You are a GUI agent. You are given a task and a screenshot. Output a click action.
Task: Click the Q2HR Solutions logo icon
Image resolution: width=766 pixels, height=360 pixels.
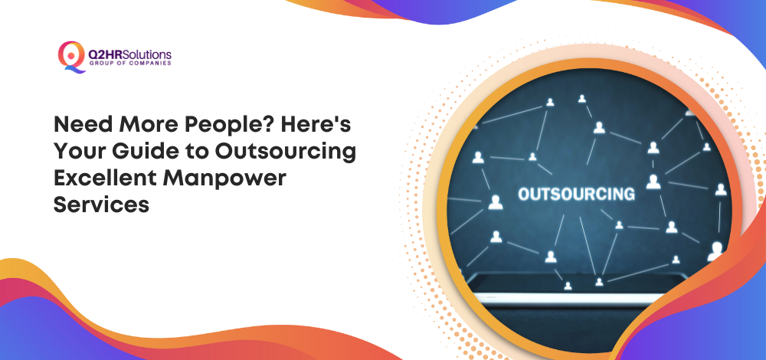tap(71, 57)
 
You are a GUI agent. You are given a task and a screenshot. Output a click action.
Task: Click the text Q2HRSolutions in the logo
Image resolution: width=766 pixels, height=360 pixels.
tap(130, 54)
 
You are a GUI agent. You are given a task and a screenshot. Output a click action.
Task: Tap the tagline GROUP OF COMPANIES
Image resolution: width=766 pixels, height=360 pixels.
tap(130, 64)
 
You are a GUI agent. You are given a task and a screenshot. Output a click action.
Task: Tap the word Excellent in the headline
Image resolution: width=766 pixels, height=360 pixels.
tap(104, 178)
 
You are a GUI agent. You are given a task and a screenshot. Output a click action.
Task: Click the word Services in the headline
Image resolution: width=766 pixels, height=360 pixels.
tap(101, 205)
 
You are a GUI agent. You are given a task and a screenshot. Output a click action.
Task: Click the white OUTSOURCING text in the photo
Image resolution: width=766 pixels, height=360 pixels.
tap(577, 194)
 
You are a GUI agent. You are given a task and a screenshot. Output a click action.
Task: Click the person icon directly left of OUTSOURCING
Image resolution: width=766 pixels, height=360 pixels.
tap(496, 202)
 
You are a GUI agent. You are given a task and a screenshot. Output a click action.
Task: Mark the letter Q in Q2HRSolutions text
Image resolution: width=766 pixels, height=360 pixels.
tap(93, 54)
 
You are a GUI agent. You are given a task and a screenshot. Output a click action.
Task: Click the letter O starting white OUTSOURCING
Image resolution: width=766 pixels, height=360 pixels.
tap(524, 194)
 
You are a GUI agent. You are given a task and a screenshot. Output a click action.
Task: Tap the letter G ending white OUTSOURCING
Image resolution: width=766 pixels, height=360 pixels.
tap(629, 194)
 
